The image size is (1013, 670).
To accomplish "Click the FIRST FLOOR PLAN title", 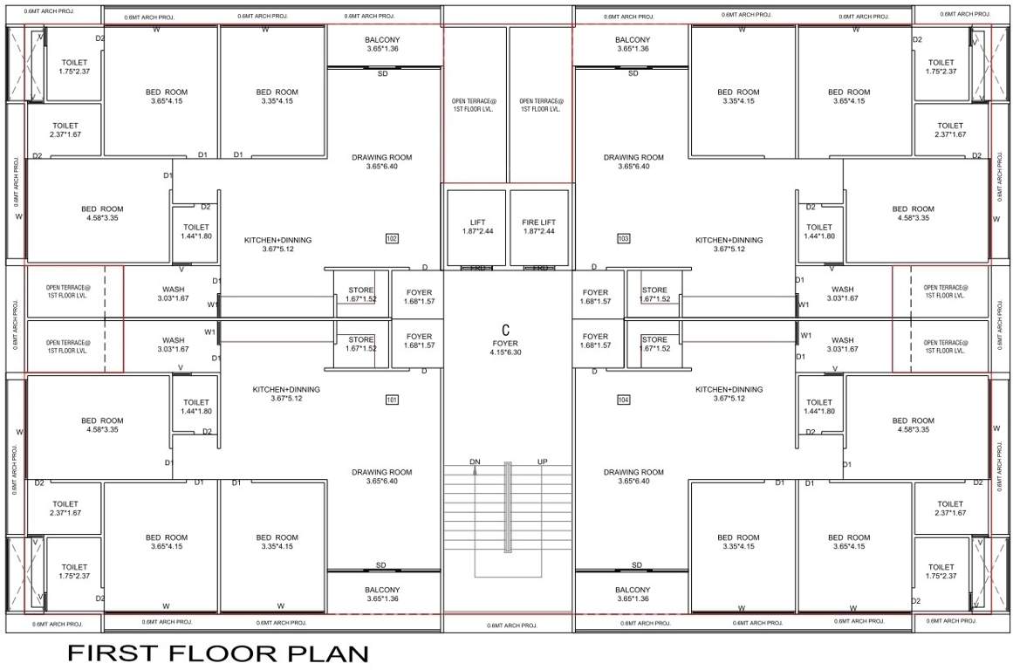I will [218, 653].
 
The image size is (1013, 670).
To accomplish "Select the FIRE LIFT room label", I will [538, 222].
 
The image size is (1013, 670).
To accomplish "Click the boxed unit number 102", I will [392, 238].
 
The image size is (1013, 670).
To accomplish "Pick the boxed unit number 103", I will [623, 238].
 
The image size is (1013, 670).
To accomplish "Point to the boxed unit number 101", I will [392, 400].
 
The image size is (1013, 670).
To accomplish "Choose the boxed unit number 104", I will [623, 400].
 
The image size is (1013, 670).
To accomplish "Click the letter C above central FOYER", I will [505, 330].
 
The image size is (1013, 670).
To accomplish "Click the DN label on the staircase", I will [475, 461].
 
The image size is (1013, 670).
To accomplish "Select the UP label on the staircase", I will [542, 461].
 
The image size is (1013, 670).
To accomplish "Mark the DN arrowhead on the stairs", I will [476, 470].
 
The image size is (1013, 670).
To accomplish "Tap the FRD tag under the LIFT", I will [476, 268].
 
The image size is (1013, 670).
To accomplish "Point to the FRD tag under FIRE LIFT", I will [541, 268].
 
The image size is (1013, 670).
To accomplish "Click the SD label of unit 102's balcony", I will [382, 74].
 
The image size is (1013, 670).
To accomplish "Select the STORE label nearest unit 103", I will [654, 291].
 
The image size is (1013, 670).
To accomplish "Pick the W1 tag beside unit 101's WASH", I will [209, 332].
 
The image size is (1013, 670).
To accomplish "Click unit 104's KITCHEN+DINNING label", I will [729, 389].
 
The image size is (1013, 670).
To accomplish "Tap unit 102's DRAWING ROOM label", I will [382, 158].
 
